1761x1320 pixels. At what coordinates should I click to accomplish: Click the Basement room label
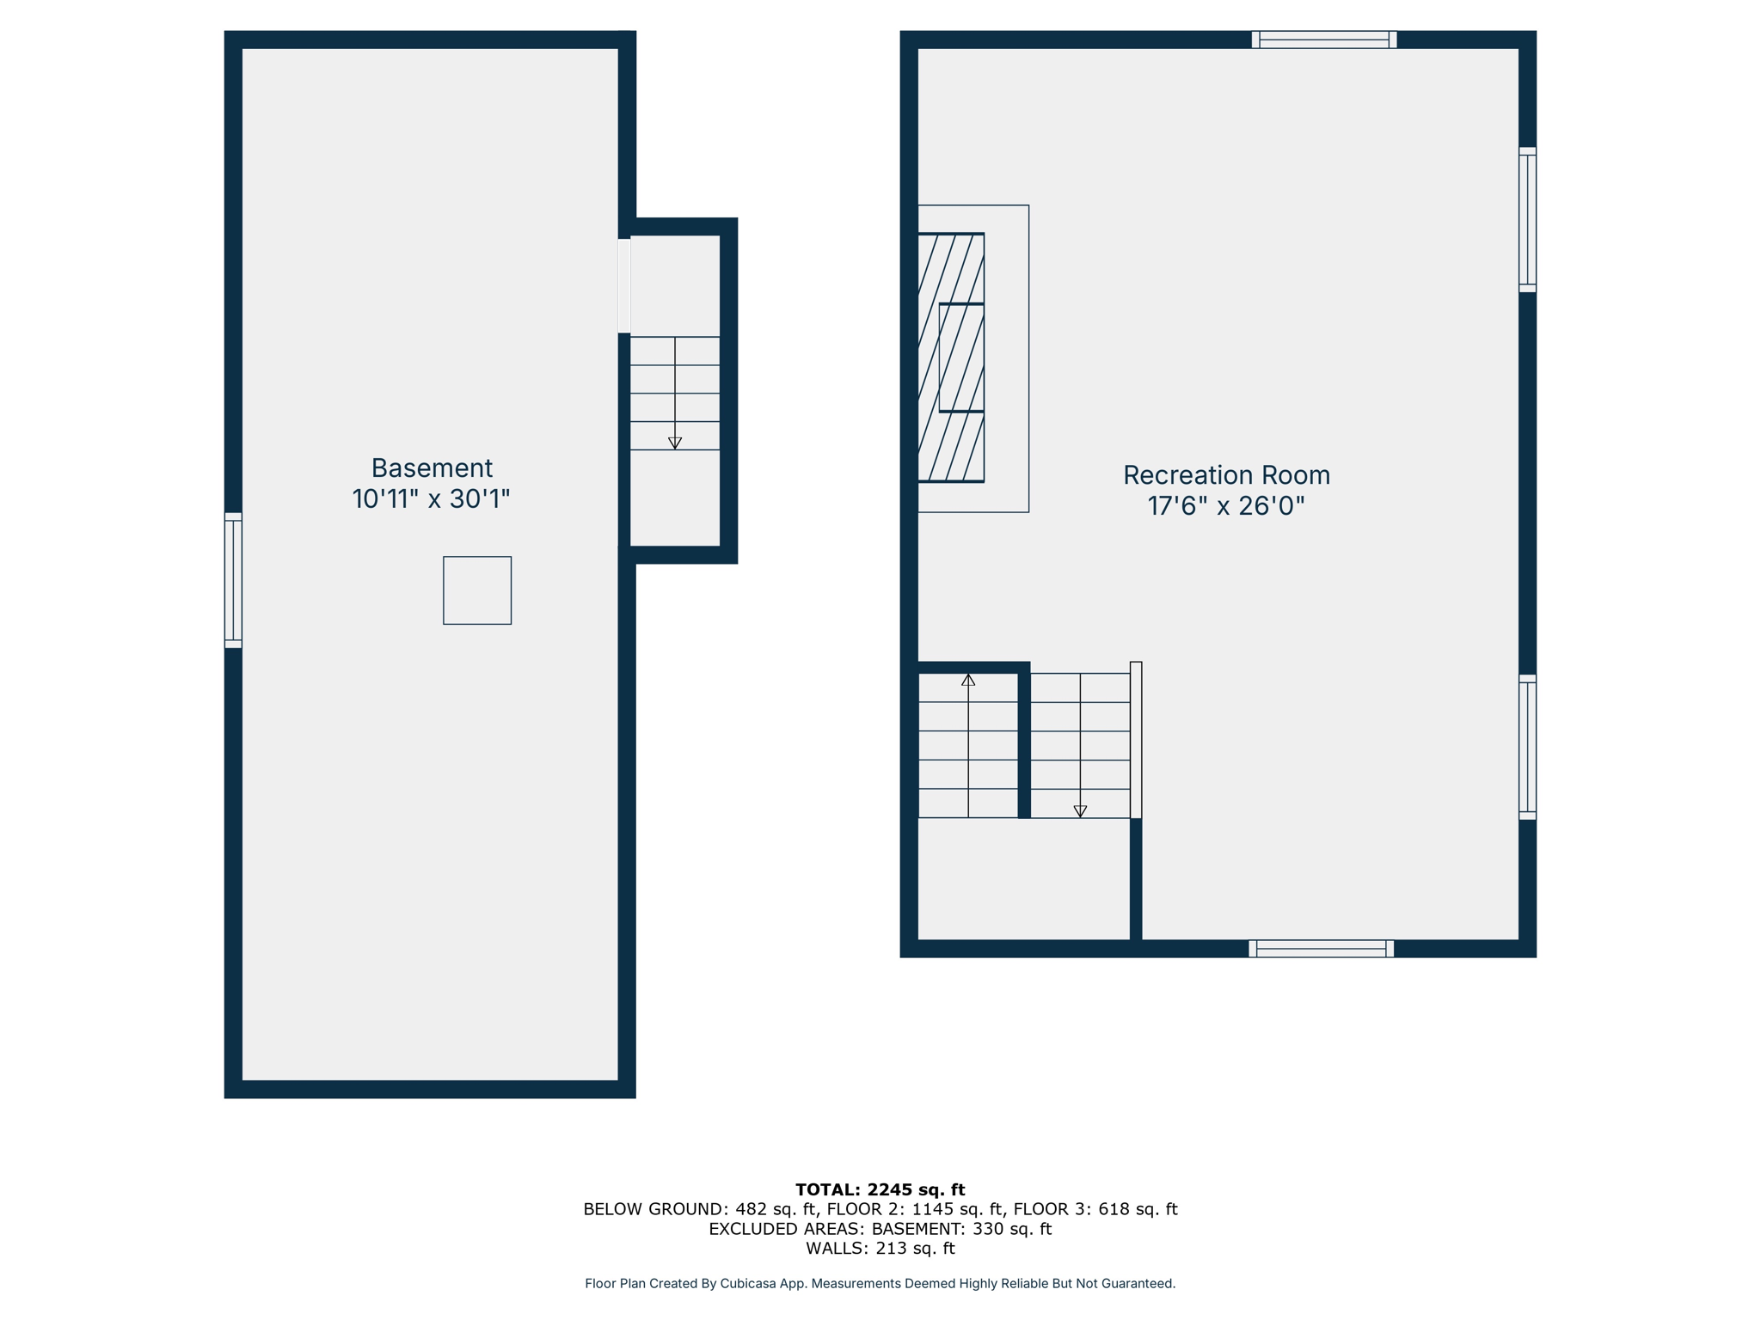432,467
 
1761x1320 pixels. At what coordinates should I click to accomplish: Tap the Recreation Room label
1226,474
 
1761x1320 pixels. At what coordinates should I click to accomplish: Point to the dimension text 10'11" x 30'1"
431,499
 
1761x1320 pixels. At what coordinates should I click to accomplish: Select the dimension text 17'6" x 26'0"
1226,506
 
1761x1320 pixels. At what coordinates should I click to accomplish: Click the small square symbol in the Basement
477,590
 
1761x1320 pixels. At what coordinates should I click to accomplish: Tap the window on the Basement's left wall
233,580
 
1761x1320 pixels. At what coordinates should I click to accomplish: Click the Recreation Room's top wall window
1324,40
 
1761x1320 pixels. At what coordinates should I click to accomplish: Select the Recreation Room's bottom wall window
1321,949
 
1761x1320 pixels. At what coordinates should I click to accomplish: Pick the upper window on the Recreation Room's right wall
1527,219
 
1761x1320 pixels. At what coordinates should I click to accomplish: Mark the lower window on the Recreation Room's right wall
1527,747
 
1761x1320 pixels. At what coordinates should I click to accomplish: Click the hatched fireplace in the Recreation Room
951,357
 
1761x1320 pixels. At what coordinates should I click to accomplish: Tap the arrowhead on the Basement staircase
675,443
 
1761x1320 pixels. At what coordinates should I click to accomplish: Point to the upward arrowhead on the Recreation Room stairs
968,680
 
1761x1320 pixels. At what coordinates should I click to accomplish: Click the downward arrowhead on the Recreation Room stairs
1080,811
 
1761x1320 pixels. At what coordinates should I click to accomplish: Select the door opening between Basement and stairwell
624,285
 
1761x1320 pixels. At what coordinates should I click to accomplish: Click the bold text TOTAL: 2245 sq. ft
880,1189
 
